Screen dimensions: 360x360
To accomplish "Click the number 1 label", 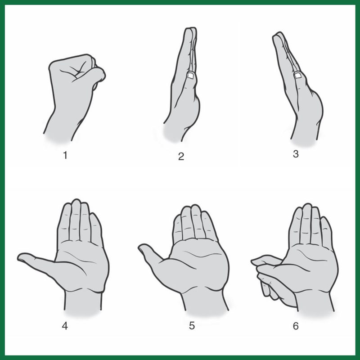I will click(66, 156).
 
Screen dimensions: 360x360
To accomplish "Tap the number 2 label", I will click(181, 157).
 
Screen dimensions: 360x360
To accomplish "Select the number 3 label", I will click(296, 154).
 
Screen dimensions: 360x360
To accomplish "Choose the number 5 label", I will click(192, 325).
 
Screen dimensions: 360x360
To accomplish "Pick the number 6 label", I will click(296, 325).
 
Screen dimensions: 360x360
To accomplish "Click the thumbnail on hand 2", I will click(191, 77).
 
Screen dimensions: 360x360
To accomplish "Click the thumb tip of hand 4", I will click(22, 257).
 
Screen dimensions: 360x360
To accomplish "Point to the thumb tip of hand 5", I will click(142, 247).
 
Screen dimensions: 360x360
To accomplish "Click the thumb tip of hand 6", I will click(255, 261).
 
